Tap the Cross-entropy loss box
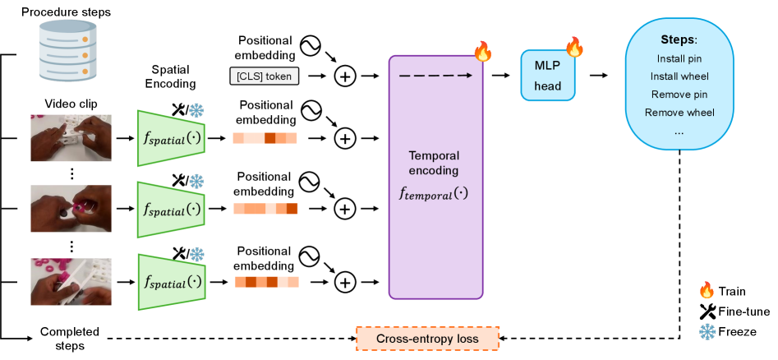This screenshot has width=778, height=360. (427, 338)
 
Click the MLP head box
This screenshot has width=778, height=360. (547, 76)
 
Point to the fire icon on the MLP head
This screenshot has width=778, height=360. (574, 47)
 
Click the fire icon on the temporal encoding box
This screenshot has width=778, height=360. (482, 52)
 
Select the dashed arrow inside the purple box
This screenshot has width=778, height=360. (435, 76)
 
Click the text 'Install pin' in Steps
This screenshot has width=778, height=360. (679, 58)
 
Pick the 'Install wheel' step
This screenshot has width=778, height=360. (679, 76)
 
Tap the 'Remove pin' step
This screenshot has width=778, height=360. (679, 95)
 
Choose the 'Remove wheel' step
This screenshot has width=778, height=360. (679, 113)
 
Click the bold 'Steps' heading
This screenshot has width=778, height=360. (679, 39)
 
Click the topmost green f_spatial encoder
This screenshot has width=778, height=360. (171, 137)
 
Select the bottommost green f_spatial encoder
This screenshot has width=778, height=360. (171, 282)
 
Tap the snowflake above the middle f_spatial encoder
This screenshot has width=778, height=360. (197, 182)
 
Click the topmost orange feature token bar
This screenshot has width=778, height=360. (265, 138)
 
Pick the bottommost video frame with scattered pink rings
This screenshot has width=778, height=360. (71, 282)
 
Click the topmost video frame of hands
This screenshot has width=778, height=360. (71, 137)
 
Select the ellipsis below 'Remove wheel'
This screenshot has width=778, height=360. (679, 132)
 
